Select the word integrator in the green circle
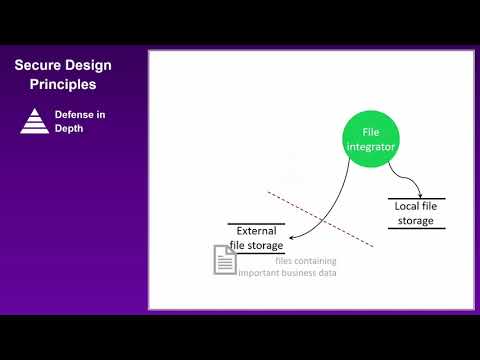point(371,146)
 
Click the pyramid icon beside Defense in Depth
point(34,121)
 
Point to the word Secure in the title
point(39,66)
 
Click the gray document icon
point(224,260)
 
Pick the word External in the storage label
point(256,230)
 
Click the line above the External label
point(256,223)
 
